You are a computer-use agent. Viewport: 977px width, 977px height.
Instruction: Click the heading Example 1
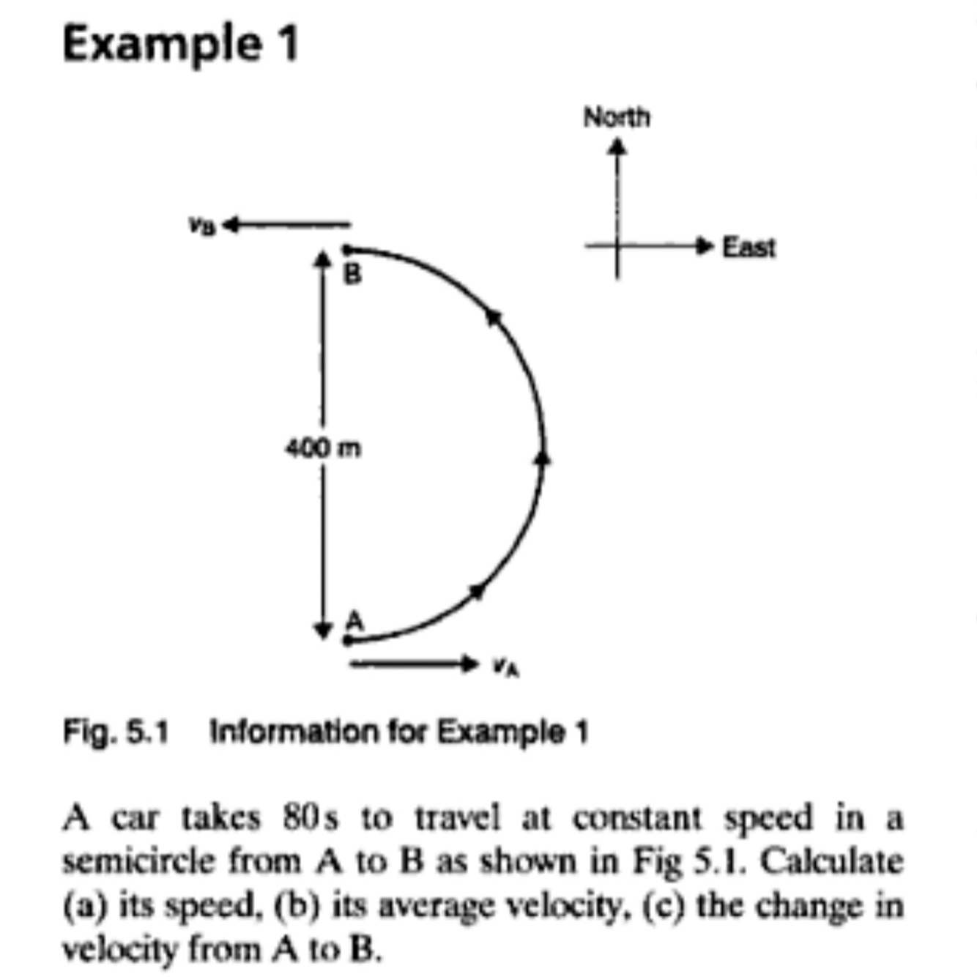click(181, 44)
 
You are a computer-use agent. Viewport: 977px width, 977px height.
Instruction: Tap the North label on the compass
click(616, 117)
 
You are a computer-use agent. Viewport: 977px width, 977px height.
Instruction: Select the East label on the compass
click(748, 248)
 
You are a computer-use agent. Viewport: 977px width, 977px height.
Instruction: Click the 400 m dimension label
click(323, 447)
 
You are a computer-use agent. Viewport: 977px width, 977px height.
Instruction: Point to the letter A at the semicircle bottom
click(354, 621)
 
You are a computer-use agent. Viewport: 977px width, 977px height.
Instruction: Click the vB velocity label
click(202, 226)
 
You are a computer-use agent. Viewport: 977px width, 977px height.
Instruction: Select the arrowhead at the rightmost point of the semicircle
click(542, 458)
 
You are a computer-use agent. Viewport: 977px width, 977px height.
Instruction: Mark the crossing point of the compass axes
click(617, 246)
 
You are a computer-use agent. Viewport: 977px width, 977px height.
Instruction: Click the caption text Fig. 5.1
click(116, 732)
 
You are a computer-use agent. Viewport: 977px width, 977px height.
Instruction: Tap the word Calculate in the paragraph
click(831, 861)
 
